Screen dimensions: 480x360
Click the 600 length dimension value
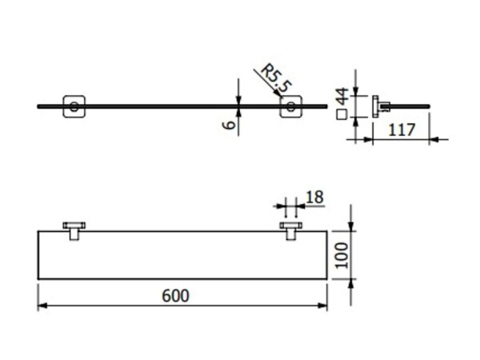(175, 296)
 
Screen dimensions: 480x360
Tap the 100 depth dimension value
(342, 255)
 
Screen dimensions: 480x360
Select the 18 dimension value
(314, 197)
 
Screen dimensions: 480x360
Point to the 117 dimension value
(402, 130)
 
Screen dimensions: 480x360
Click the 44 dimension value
(342, 96)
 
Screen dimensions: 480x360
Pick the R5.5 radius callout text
(275, 78)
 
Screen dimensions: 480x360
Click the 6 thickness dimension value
(230, 125)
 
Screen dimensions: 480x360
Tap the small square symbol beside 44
(342, 114)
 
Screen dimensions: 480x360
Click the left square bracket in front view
(74, 106)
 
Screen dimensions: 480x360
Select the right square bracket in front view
(291, 106)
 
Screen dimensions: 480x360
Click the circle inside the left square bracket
(74, 107)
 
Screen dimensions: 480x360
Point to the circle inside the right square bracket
(291, 107)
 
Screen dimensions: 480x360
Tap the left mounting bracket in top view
(74, 231)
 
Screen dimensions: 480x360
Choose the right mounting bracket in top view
(291, 231)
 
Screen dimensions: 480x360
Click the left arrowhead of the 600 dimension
(42, 306)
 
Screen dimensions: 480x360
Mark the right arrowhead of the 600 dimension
(322, 306)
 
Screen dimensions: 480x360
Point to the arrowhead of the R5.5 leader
(278, 93)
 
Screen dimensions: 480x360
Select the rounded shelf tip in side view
(429, 106)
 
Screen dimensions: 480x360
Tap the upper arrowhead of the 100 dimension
(351, 226)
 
